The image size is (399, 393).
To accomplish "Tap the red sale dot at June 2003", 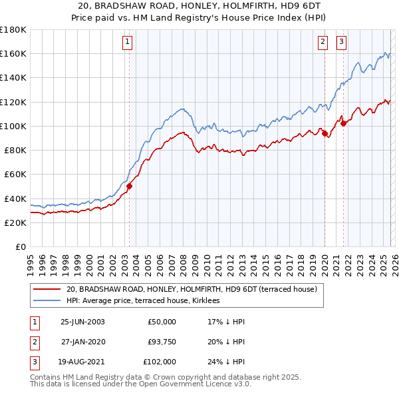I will point(129,187).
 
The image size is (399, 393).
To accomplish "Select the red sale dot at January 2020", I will point(325,134).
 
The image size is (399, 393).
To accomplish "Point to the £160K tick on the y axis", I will point(13,53).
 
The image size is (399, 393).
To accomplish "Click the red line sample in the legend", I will point(46,290).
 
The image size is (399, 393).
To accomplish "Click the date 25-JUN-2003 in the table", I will point(82,322).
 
